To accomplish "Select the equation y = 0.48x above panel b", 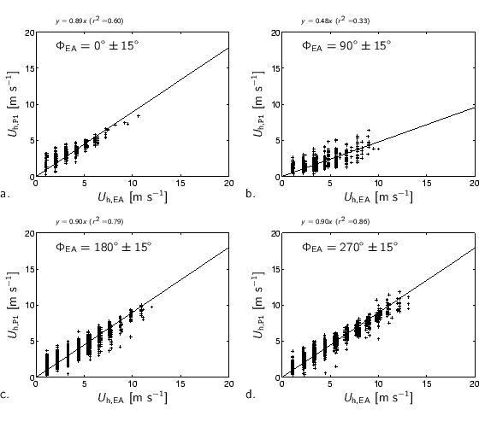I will coord(335,20).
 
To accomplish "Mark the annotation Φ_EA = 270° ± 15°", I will coord(346,247).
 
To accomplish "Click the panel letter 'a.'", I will coord(6,195).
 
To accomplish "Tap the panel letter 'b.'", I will coord(251,195).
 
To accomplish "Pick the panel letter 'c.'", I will coord(6,395).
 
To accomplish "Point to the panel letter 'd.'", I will coord(251,395).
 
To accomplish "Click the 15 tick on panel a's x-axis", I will coord(180,184).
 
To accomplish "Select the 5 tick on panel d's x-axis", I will coord(328,384).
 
